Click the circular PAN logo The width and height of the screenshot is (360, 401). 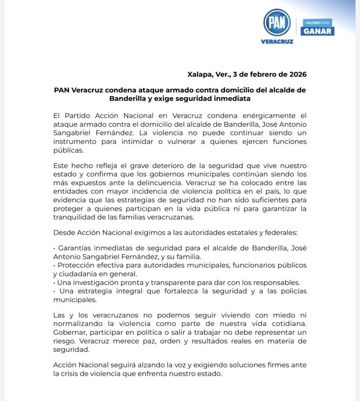[x=276, y=22]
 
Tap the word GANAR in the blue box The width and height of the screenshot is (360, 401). [x=318, y=31]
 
